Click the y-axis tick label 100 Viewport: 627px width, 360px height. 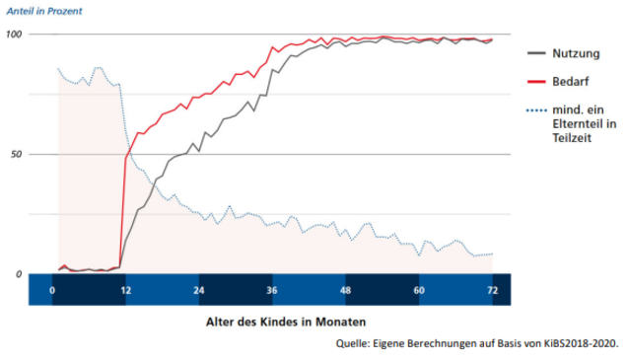tap(14, 34)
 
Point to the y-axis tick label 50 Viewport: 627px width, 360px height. tap(16, 155)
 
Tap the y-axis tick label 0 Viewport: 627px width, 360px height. tap(19, 274)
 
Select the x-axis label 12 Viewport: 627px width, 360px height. tap(126, 290)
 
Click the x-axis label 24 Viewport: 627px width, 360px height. tap(199, 290)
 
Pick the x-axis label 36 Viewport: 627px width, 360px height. tap(272, 290)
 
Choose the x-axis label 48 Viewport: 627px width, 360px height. tap(345, 290)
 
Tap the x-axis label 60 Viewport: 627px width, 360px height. tap(419, 290)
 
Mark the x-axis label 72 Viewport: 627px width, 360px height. tap(493, 290)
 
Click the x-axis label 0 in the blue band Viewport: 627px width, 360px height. tap(52, 290)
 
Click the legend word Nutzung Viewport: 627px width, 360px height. tap(576, 53)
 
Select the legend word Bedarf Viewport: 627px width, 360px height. tap(571, 82)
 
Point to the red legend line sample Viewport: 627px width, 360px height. tap(536, 82)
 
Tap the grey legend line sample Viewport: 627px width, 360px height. tap(536, 53)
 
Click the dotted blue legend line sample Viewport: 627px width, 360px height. tap(536, 110)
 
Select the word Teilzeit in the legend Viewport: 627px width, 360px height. tap(572, 138)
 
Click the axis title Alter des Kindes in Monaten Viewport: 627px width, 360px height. tap(286, 322)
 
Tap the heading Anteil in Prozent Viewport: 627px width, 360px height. tap(44, 11)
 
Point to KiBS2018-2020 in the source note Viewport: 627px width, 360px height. tap(581, 343)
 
